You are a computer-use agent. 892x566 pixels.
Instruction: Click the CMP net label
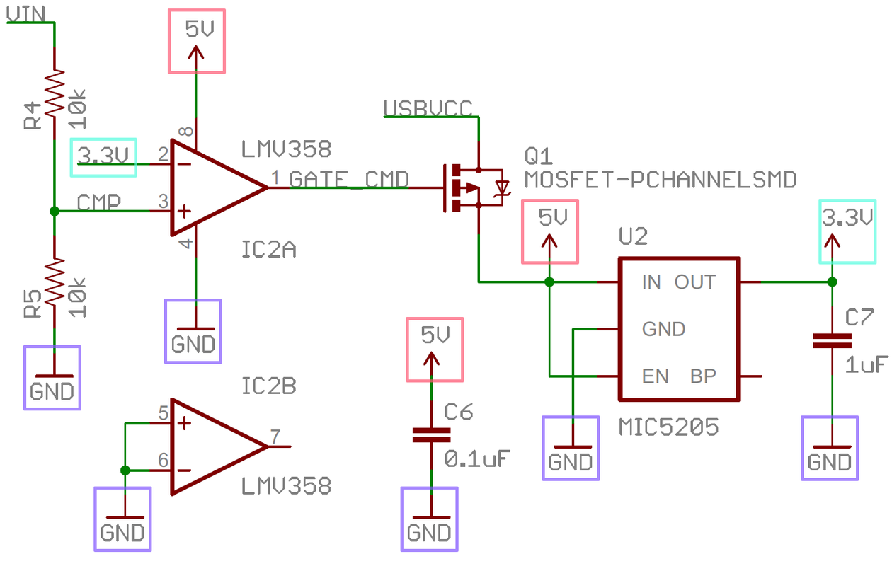[x=98, y=202]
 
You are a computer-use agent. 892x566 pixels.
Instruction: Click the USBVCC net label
[x=428, y=108]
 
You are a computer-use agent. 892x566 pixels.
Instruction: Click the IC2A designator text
[x=269, y=250]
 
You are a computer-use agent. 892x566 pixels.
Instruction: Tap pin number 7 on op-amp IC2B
[x=275, y=436]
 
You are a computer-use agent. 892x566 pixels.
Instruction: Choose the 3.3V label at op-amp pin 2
[x=104, y=156]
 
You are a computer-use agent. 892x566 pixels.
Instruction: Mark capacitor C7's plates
[x=832, y=341]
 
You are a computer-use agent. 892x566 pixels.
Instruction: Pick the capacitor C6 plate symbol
[x=431, y=435]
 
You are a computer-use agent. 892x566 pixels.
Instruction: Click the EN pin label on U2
[x=656, y=376]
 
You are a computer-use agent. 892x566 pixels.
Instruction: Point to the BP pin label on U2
[x=703, y=376]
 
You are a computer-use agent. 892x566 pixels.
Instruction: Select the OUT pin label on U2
[x=694, y=282]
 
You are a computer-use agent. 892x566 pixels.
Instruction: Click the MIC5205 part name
[x=668, y=427]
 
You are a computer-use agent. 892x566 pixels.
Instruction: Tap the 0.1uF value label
[x=477, y=458]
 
